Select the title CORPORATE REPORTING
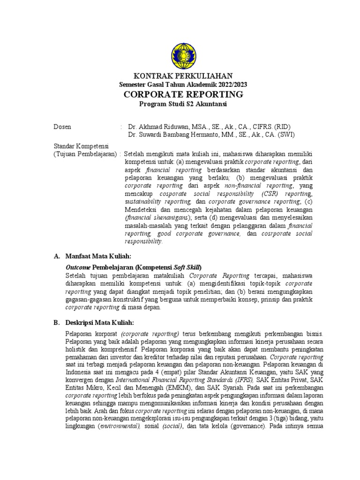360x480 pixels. point(183,94)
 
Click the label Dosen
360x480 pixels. point(62,127)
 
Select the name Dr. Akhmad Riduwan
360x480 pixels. point(158,127)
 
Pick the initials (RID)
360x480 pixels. point(285,127)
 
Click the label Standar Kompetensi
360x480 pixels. point(81,147)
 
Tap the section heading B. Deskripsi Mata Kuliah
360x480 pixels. point(94,323)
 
